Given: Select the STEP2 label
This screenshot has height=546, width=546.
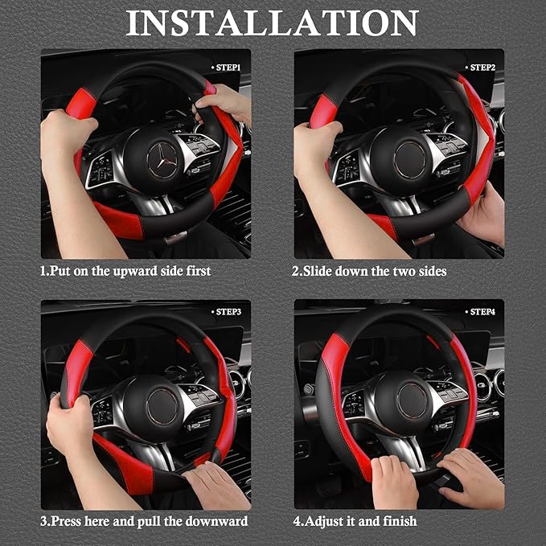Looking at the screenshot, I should pyautogui.click(x=482, y=68).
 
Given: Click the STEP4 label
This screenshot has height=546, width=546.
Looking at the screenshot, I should pyautogui.click(x=482, y=311).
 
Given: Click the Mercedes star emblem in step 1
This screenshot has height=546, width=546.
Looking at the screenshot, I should pyautogui.click(x=164, y=158).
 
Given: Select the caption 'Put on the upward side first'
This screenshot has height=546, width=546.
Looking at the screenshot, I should pyautogui.click(x=125, y=271).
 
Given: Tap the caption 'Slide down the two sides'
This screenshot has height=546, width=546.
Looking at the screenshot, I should pyautogui.click(x=368, y=271).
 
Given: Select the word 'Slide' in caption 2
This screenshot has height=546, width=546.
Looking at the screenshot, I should pyautogui.click(x=316, y=271).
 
